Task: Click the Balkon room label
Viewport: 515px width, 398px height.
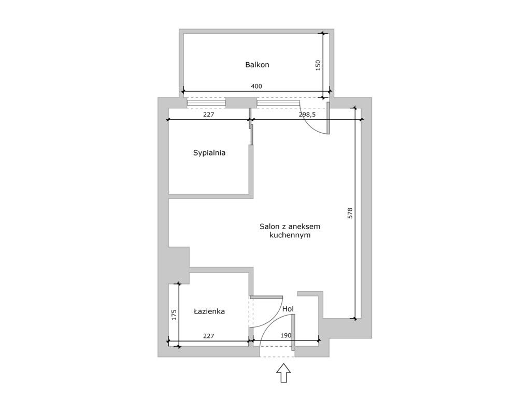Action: point(257,65)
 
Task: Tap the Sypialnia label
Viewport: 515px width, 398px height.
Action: point(209,153)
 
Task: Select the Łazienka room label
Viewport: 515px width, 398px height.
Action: point(209,311)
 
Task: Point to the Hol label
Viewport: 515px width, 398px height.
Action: point(288,309)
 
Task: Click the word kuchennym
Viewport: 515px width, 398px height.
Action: point(290,235)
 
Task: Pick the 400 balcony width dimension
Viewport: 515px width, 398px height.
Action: point(256,87)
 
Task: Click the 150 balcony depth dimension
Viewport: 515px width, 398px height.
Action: point(318,65)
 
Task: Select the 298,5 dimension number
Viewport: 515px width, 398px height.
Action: point(307,115)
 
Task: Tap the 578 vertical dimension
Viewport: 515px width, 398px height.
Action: point(350,214)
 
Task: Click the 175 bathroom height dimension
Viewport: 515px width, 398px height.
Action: point(174,315)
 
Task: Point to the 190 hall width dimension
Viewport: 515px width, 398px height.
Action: point(286,336)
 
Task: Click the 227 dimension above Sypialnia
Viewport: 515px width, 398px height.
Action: point(209,115)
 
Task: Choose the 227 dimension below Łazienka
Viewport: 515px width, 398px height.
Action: point(209,336)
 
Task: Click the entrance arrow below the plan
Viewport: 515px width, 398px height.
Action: point(283,373)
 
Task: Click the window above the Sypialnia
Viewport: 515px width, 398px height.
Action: point(206,103)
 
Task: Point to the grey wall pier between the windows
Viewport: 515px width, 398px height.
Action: point(241,103)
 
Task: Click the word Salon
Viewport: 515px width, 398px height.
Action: point(269,226)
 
